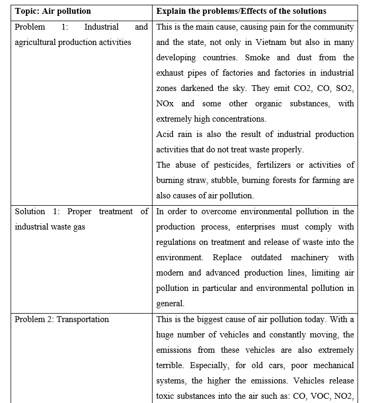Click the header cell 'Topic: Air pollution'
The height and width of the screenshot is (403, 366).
click(52, 11)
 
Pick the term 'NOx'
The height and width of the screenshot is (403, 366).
click(165, 104)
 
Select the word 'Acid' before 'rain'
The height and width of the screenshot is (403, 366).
click(165, 134)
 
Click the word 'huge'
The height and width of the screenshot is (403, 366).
click(167, 335)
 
